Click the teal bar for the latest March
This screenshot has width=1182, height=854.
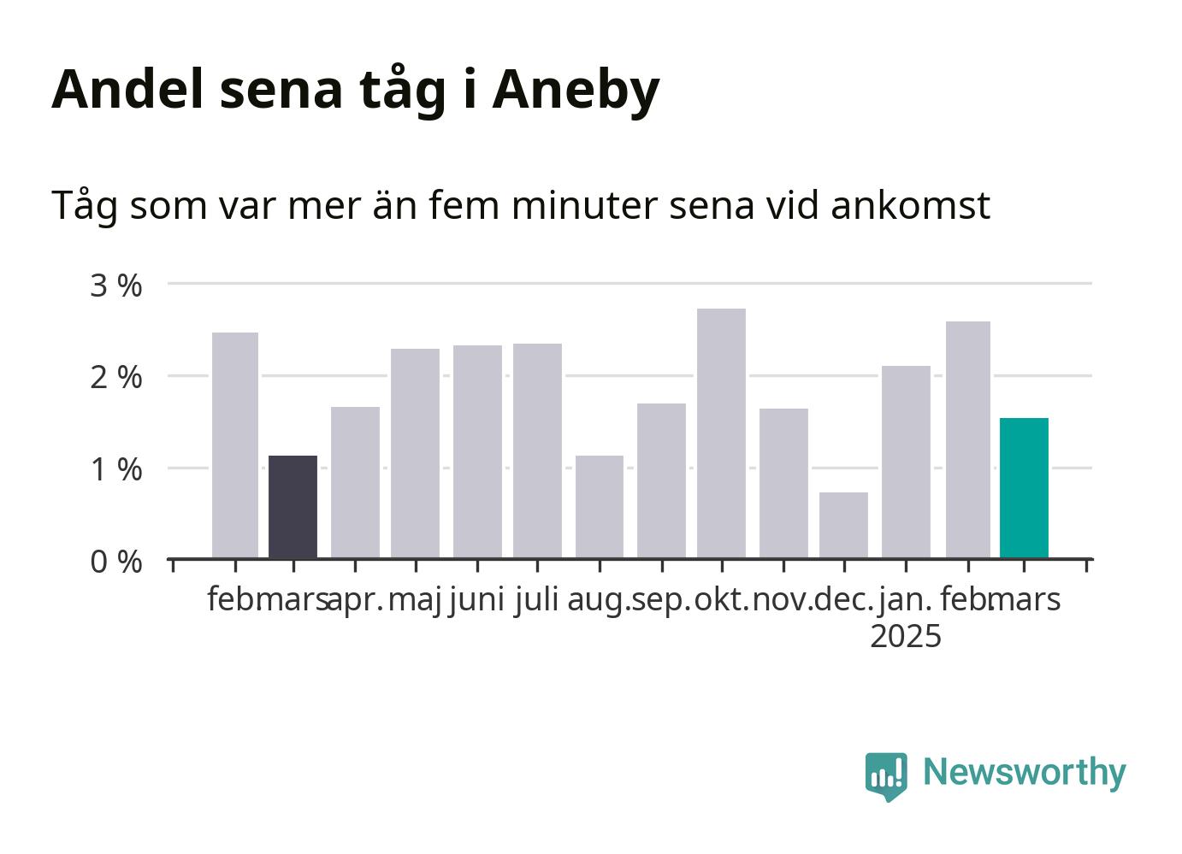click(x=1025, y=488)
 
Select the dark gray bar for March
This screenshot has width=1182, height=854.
click(x=293, y=507)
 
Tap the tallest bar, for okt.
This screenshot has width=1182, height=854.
click(x=721, y=433)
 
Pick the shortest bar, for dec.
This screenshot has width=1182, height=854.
click(x=844, y=526)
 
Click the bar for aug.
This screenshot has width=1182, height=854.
click(x=600, y=507)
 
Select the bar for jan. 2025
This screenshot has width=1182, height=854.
click(x=906, y=462)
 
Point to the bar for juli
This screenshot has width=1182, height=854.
click(x=537, y=451)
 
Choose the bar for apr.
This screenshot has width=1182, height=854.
click(x=355, y=483)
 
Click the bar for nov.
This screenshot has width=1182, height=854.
click(x=783, y=483)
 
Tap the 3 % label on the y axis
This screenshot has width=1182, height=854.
click(x=116, y=286)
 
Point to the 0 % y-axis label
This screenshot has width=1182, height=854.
click(x=116, y=562)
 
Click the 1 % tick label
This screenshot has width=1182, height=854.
click(x=116, y=470)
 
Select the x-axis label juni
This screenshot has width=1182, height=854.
click(x=477, y=601)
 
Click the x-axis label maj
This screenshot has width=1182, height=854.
click(x=415, y=601)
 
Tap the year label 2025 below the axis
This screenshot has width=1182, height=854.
click(x=906, y=636)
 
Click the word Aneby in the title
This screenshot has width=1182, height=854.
click(x=576, y=91)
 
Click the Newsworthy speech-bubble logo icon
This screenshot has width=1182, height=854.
click(x=886, y=777)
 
